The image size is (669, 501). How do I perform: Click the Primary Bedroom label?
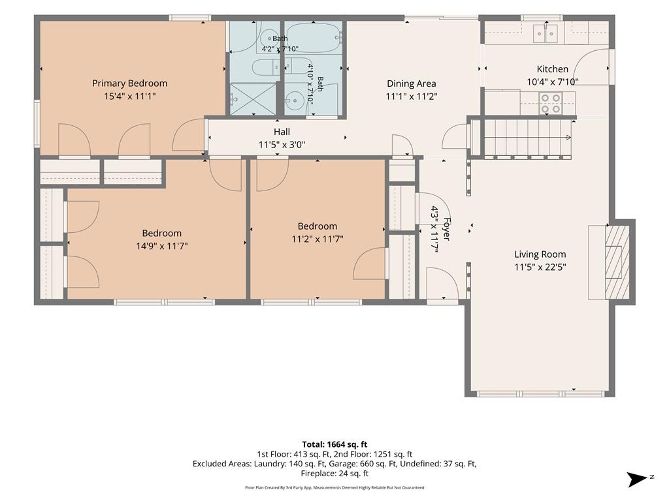click(x=130, y=83)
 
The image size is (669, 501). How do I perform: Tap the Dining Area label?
click(x=412, y=83)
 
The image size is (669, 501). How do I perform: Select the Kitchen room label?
click(x=553, y=69)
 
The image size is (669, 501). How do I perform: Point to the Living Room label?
click(x=540, y=254)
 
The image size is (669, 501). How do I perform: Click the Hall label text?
click(x=282, y=132)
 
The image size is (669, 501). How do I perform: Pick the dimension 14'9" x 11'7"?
click(x=162, y=246)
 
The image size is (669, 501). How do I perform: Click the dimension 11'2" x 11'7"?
click(x=318, y=239)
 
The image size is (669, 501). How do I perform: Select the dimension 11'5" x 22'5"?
click(x=540, y=267)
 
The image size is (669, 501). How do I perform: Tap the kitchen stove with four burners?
click(x=550, y=103)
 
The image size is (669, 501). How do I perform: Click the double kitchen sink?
click(x=546, y=33)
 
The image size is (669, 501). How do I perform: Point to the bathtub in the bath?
click(x=313, y=38)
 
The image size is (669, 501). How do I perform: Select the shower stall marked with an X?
click(x=253, y=99)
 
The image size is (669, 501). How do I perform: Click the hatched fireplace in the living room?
click(x=617, y=262)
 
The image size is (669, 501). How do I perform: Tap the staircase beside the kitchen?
click(x=527, y=137)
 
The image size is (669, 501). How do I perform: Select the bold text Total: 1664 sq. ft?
click(x=334, y=445)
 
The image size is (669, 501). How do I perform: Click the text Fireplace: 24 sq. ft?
click(x=334, y=473)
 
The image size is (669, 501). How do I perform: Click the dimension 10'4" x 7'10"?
click(x=553, y=82)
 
